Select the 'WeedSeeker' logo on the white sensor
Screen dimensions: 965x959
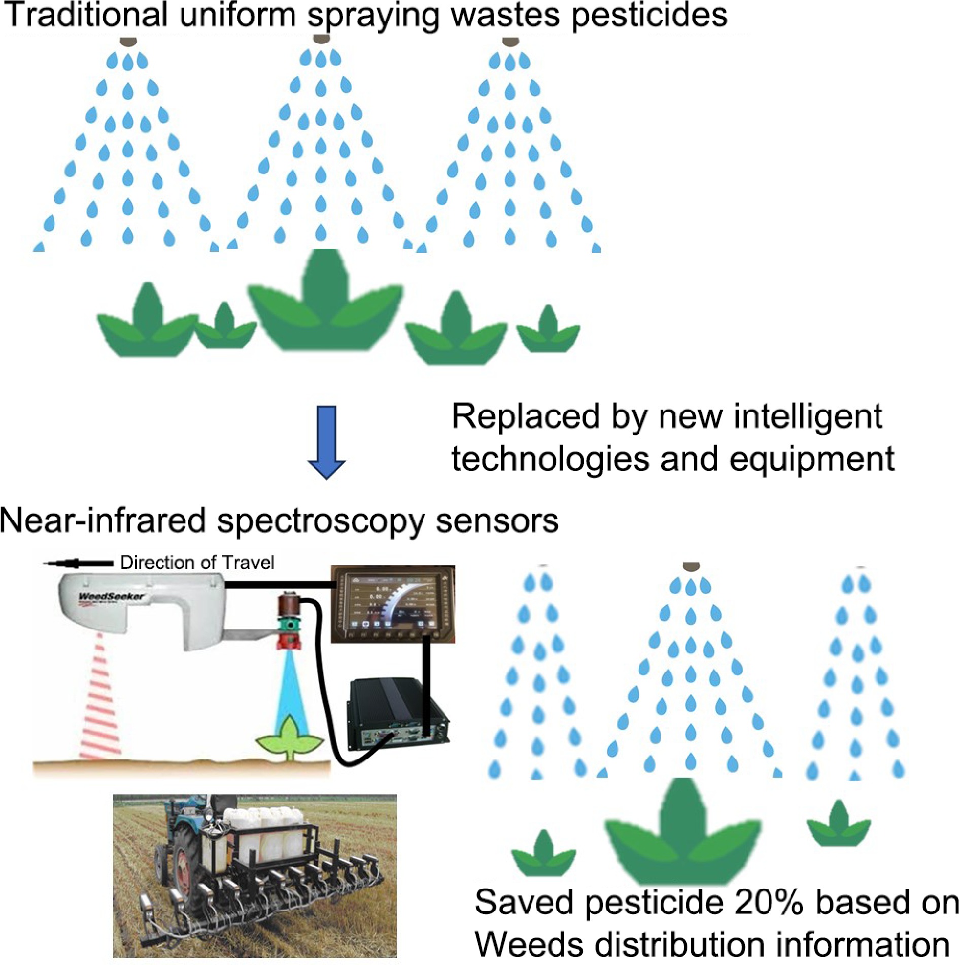[111, 596]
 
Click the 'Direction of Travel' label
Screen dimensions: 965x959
[197, 562]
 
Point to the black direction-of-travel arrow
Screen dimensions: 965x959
[79, 563]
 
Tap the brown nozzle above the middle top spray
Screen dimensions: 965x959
[321, 40]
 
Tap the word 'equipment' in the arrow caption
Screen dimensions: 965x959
[811, 459]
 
